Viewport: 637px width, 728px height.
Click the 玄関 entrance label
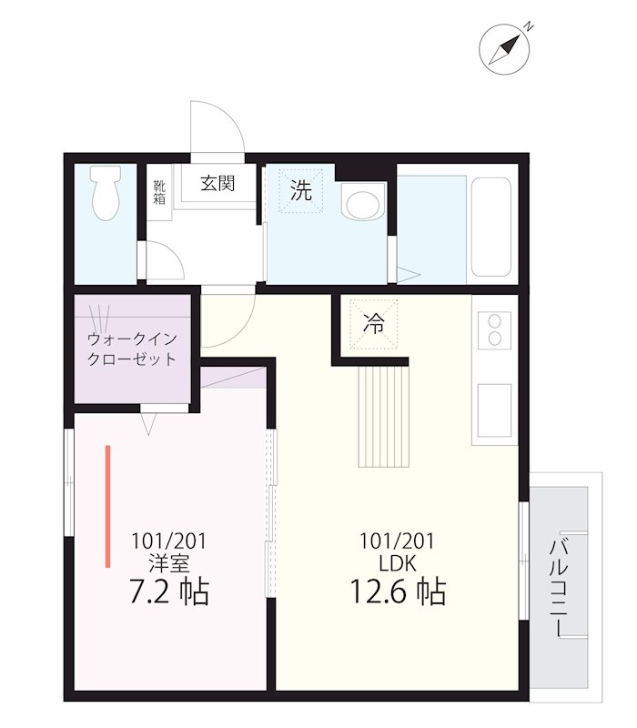[x=217, y=183]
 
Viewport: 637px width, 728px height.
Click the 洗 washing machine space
[x=300, y=191]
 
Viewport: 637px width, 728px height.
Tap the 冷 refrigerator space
[x=373, y=322]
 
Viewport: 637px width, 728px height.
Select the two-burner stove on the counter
[x=495, y=329]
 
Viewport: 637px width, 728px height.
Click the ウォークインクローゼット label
[x=132, y=349]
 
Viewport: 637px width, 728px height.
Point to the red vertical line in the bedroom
[x=107, y=506]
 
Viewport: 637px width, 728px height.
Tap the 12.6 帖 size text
[x=398, y=592]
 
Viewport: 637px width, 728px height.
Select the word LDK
[x=398, y=563]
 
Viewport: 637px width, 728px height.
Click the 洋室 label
[x=169, y=562]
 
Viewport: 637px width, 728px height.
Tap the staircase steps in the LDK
[x=383, y=417]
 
